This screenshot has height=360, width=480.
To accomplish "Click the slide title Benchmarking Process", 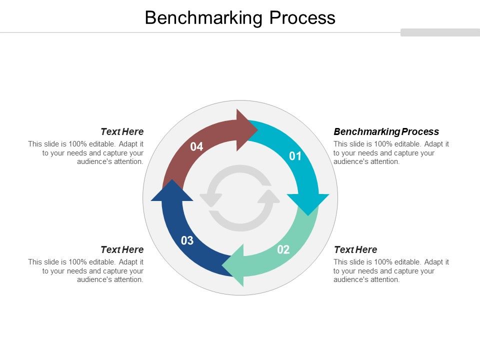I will pyautogui.click(x=240, y=18).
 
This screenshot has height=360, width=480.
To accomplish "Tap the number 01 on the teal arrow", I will pyautogui.click(x=295, y=156).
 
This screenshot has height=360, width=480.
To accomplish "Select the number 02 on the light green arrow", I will pyautogui.click(x=283, y=250).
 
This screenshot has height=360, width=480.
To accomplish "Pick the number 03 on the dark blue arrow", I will pyautogui.click(x=187, y=241).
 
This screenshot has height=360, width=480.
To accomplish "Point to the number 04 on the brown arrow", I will pyautogui.click(x=196, y=147).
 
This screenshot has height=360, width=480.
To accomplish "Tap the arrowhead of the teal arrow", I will pyautogui.click(x=308, y=203).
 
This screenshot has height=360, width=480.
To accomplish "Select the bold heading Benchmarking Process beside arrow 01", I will pyautogui.click(x=386, y=132).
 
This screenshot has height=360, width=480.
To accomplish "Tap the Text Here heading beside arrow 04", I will pyautogui.click(x=122, y=132).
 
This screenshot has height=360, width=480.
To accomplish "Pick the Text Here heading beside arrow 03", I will pyautogui.click(x=122, y=249).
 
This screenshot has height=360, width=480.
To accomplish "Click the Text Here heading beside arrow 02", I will pyautogui.click(x=355, y=249).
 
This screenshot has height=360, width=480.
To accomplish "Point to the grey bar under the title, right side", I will pyautogui.click(x=440, y=32).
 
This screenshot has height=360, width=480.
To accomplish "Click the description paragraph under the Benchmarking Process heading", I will pyautogui.click(x=391, y=153).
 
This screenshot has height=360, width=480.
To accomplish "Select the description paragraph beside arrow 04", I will pyautogui.click(x=86, y=153).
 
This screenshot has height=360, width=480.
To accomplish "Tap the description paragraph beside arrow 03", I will pyautogui.click(x=86, y=271).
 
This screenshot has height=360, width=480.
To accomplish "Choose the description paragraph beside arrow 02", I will pyautogui.click(x=391, y=271).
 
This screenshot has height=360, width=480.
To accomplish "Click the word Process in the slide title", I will pyautogui.click(x=302, y=18).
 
